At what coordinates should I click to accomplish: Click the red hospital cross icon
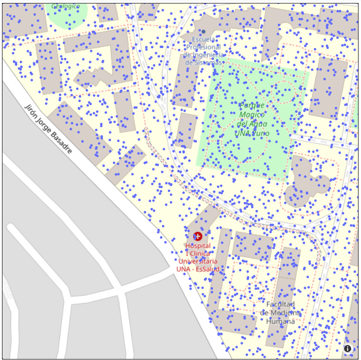[198, 236]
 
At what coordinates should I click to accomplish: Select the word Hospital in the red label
[198, 246]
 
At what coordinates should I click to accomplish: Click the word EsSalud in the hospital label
[207, 269]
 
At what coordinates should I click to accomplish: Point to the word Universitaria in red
[198, 261]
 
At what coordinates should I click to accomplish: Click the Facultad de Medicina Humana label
[280, 312]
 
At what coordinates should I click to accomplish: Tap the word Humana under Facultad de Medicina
[280, 321]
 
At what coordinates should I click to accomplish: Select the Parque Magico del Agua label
[253, 119]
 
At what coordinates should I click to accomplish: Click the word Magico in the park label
[253, 115]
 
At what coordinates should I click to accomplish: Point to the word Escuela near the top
[204, 39]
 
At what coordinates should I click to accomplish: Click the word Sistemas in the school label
[204, 63]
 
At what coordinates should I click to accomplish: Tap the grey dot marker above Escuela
[203, 31]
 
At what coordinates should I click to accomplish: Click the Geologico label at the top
[66, 6]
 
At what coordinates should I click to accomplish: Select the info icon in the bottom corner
[348, 349]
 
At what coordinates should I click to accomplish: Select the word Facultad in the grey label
[280, 304]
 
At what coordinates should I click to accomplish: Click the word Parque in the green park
[253, 106]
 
